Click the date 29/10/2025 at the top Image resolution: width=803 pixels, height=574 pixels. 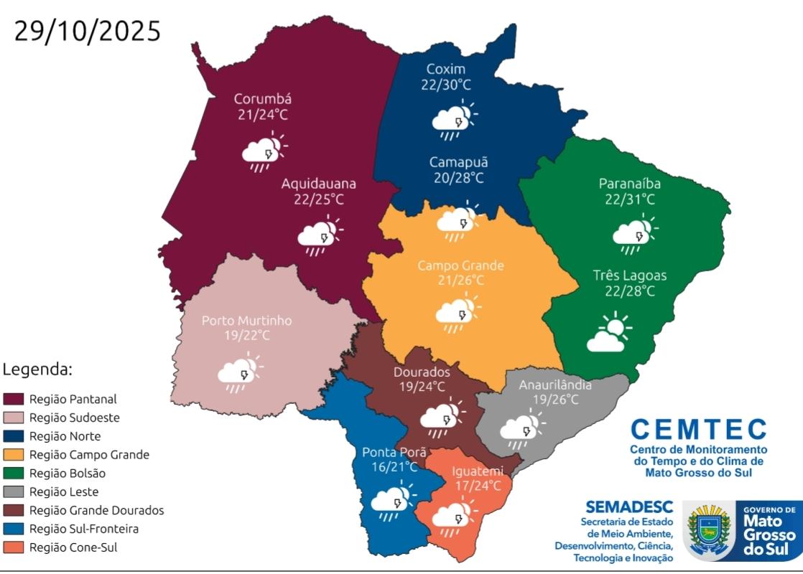click(x=87, y=32)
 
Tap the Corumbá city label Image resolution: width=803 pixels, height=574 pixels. click(x=263, y=98)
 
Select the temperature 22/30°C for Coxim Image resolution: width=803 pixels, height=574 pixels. click(x=445, y=85)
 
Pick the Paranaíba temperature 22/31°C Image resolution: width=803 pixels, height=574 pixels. click(x=629, y=199)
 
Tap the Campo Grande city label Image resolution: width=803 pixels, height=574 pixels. click(x=460, y=265)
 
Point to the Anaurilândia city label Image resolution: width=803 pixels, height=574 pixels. click(x=555, y=385)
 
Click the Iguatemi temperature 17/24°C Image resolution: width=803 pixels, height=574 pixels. click(x=477, y=486)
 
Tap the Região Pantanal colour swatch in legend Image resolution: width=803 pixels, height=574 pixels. click(x=14, y=399)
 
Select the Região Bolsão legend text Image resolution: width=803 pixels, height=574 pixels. click(x=68, y=474)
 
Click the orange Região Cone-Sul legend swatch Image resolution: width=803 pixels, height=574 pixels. click(x=14, y=547)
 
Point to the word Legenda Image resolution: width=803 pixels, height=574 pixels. click(x=37, y=370)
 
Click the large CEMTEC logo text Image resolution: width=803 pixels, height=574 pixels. click(x=698, y=430)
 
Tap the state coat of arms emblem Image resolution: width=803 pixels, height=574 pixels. click(x=709, y=530)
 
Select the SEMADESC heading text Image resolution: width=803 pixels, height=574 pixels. click(x=629, y=507)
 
